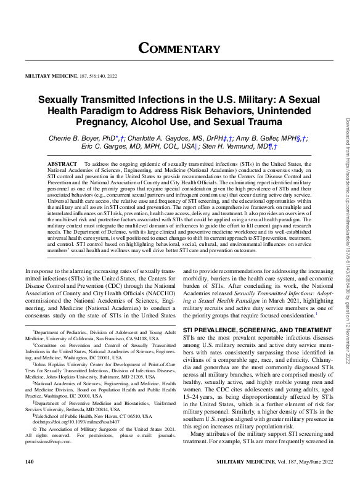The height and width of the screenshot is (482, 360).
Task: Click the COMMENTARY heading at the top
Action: pos(179,49)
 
